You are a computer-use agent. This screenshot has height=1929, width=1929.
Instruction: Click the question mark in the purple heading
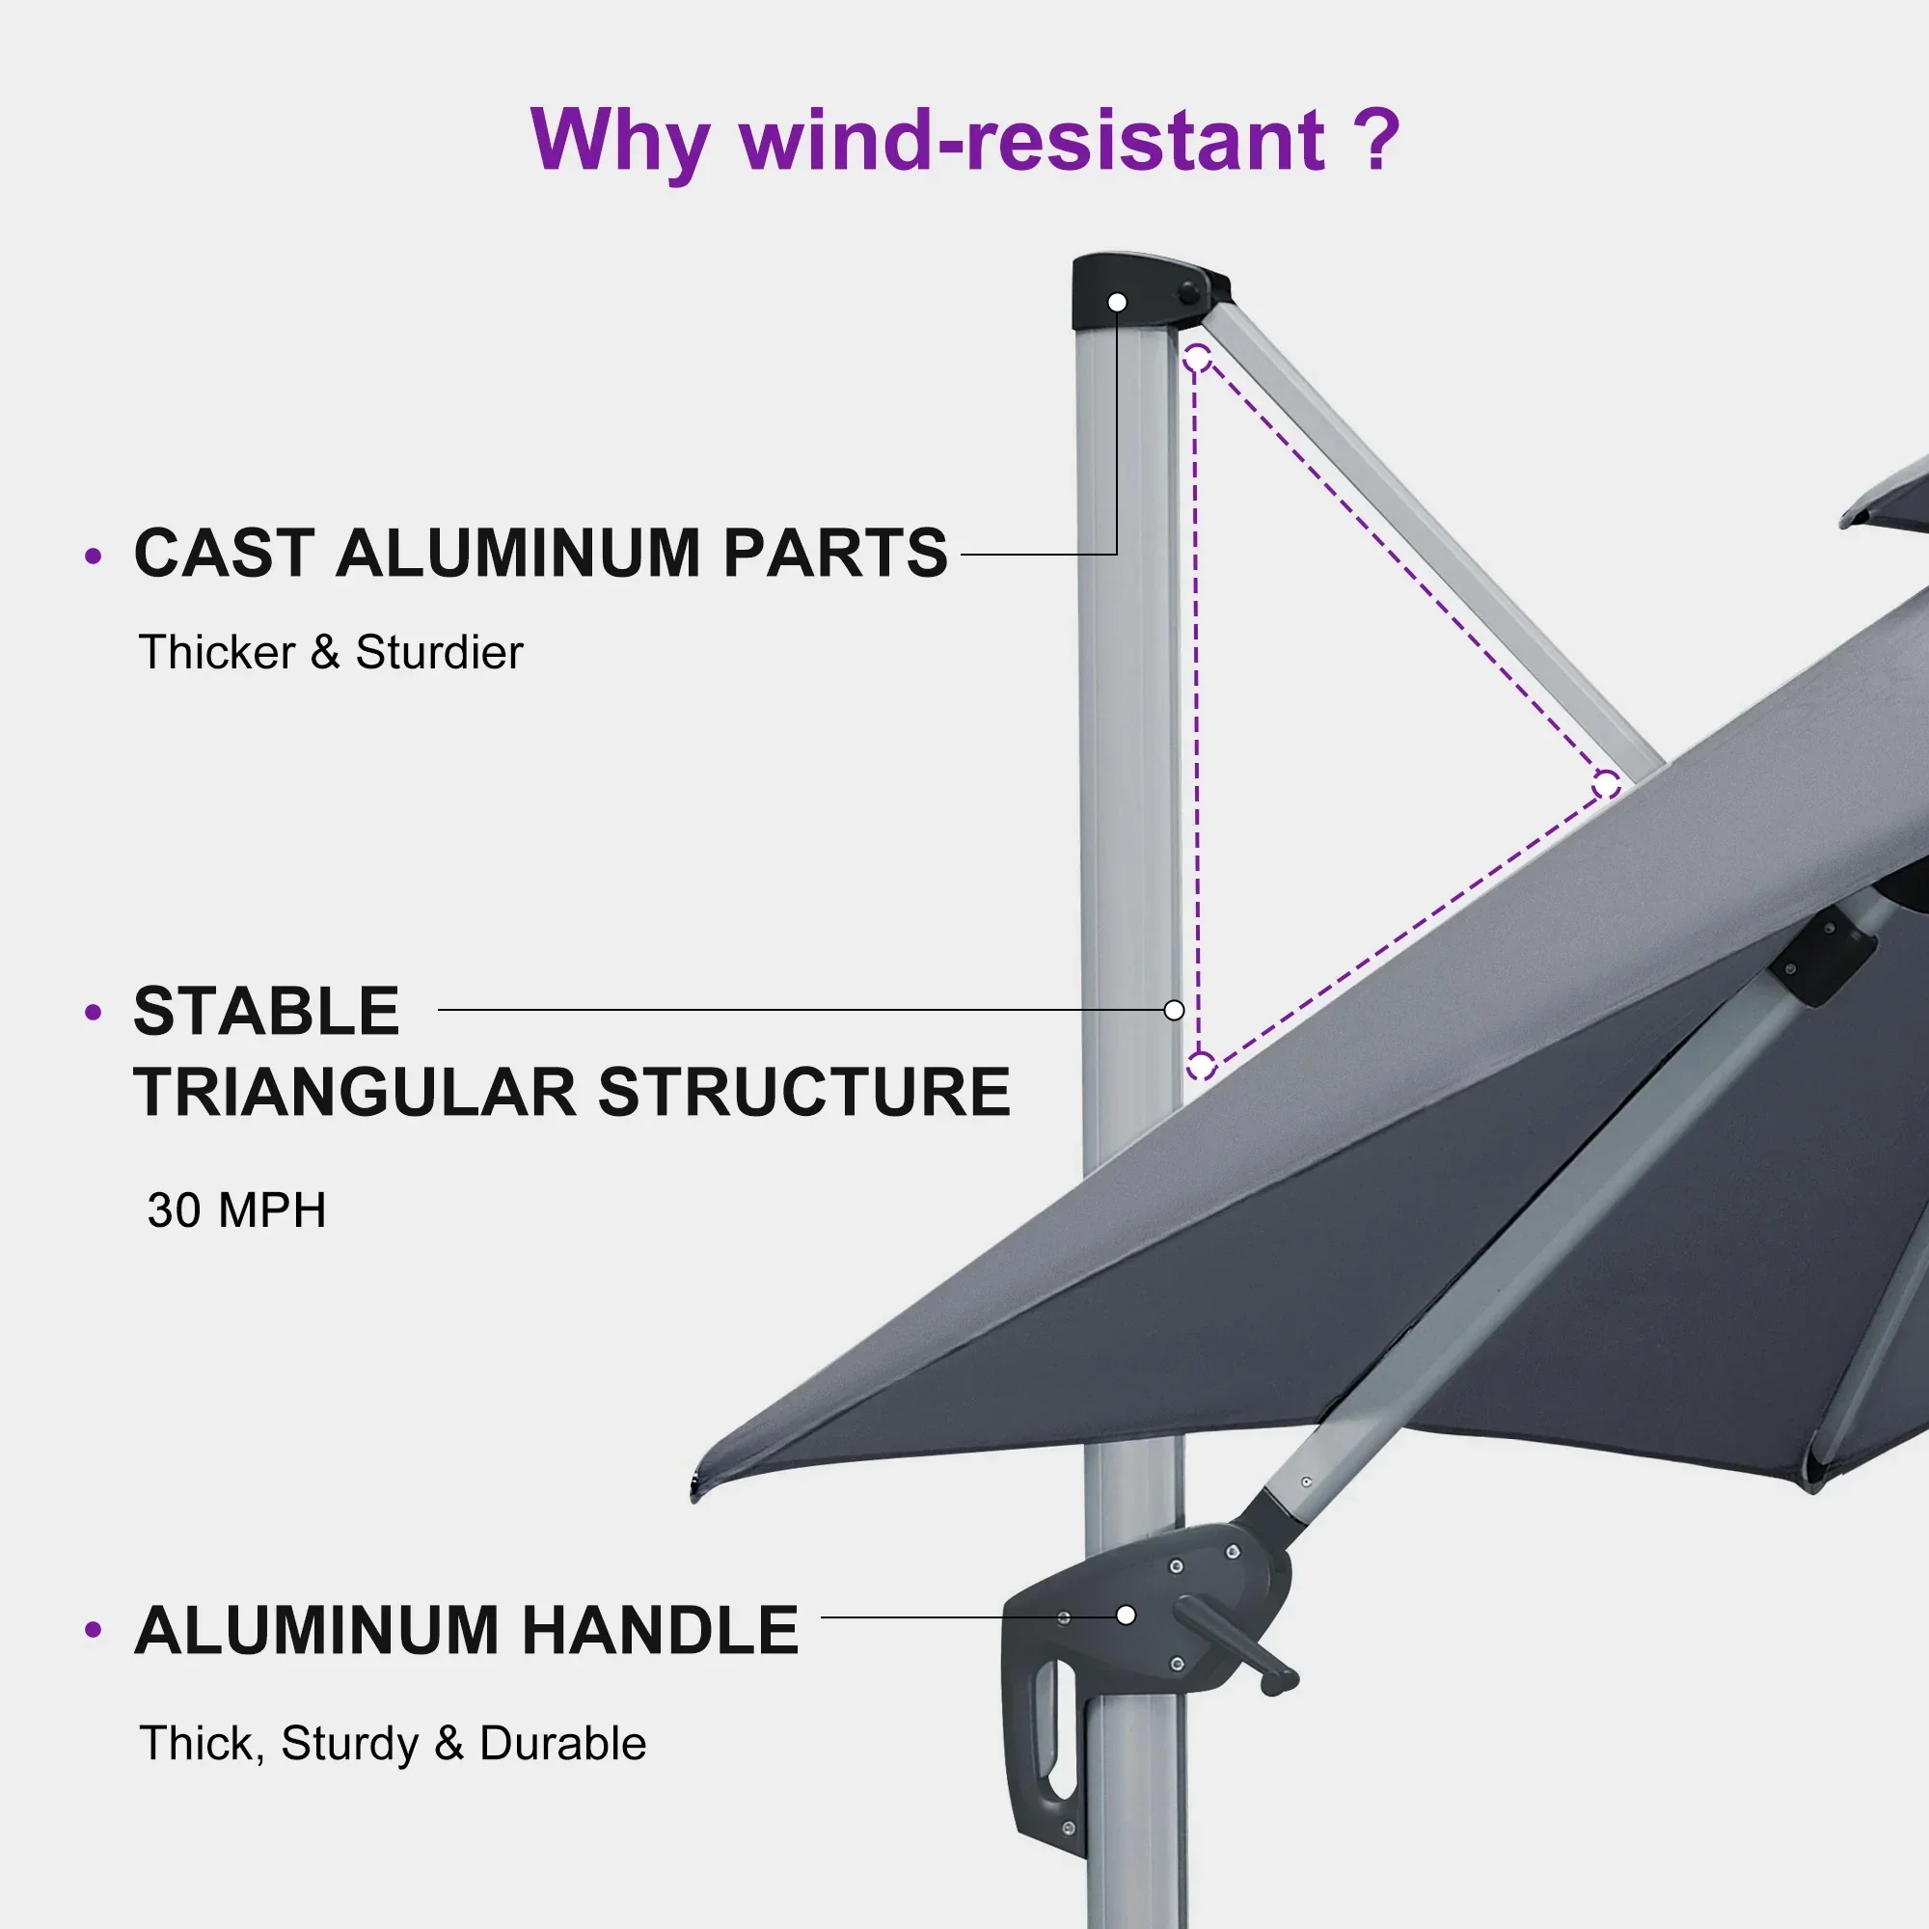[x=1378, y=140]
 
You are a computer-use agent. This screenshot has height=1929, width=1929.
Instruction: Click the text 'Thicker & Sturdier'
[x=331, y=652]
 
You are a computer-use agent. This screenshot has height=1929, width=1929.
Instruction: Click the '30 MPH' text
[x=236, y=1210]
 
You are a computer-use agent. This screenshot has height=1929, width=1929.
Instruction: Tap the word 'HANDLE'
[x=660, y=1630]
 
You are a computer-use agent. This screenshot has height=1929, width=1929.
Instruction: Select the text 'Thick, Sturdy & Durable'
[x=393, y=1743]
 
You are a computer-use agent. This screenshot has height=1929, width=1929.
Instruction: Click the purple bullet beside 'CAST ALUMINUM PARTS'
[x=94, y=556]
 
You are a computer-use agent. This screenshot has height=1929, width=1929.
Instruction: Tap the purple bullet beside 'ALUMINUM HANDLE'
[x=94, y=1630]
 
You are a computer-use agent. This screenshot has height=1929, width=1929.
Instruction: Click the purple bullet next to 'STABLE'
[x=94, y=1013]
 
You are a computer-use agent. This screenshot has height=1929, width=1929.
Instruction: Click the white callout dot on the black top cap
[x=1117, y=302]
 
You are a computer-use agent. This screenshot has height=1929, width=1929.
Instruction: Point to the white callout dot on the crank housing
[x=1127, y=1616]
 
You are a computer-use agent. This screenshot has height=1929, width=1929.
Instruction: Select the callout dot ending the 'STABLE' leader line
[x=1174, y=1011]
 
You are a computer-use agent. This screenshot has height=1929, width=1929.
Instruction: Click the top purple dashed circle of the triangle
[x=1197, y=358]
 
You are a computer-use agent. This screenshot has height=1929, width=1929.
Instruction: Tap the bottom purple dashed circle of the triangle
[x=1201, y=1067]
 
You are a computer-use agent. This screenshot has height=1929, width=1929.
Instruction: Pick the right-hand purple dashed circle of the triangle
[x=1607, y=786]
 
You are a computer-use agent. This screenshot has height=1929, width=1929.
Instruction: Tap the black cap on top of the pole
[x=1148, y=291]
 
